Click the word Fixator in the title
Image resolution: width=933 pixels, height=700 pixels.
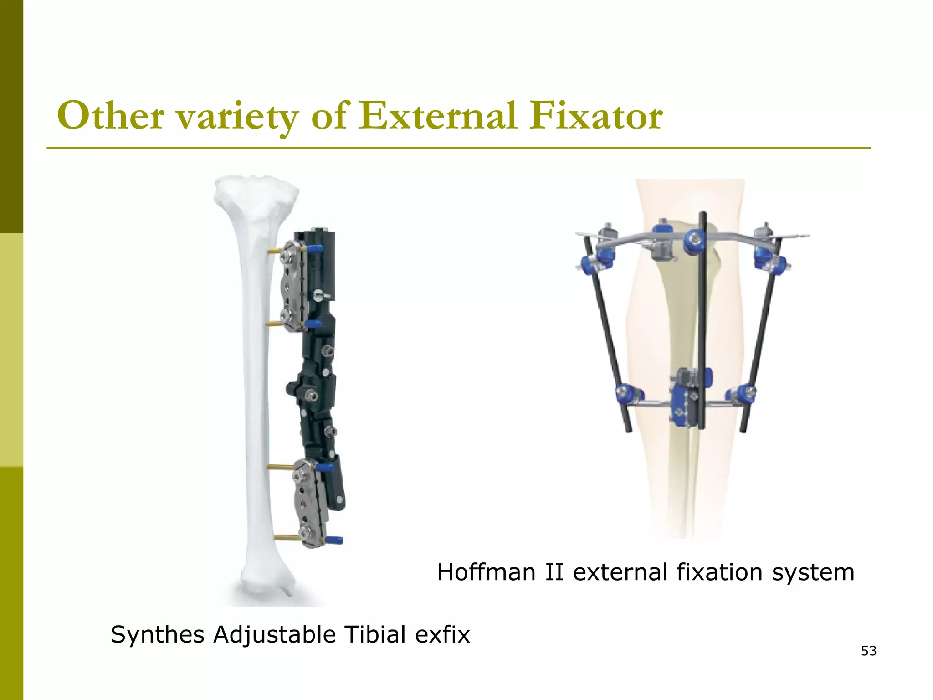point(596,116)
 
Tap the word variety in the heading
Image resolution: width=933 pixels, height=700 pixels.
point(237,118)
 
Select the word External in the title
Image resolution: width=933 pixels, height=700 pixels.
point(437,116)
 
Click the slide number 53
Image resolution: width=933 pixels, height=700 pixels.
point(869,651)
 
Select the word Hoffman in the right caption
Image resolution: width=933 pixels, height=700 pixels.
point(486,572)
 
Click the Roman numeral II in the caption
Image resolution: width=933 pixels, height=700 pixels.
point(554,572)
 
